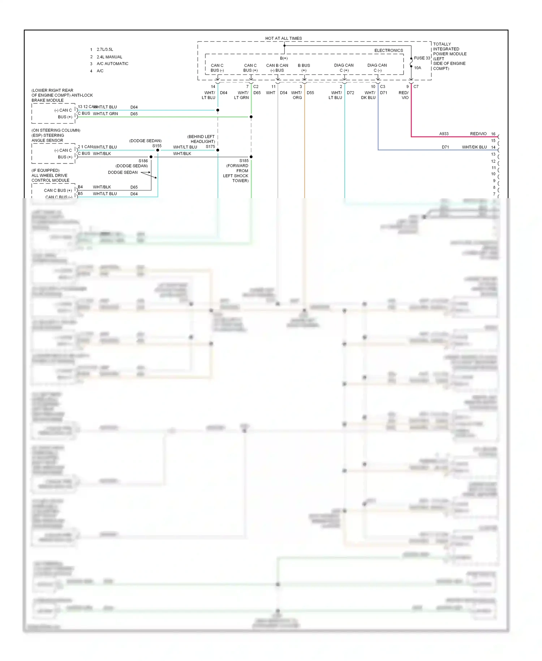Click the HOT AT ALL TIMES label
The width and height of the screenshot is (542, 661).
pyautogui.click(x=283, y=38)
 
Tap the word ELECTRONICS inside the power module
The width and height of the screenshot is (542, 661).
pyautogui.click(x=388, y=51)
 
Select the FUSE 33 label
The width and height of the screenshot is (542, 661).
pyautogui.click(x=422, y=58)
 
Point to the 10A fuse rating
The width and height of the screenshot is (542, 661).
pyautogui.click(x=417, y=68)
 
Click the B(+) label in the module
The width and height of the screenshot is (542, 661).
pyautogui.click(x=284, y=58)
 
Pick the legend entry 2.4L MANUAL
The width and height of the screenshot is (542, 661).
pyautogui.click(x=109, y=57)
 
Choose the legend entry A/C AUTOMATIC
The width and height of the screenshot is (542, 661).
pyautogui.click(x=112, y=64)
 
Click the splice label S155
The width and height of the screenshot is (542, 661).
pyautogui.click(x=157, y=146)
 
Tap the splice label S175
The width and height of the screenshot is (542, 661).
pyautogui.click(x=210, y=147)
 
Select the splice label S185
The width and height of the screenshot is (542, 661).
pyautogui.click(x=244, y=161)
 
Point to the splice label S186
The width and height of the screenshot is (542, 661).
pyautogui.click(x=143, y=161)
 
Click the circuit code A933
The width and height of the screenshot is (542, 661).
pyautogui.click(x=444, y=134)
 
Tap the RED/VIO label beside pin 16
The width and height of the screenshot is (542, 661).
pyautogui.click(x=478, y=134)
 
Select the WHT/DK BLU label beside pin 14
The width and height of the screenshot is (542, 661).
pyautogui.click(x=474, y=147)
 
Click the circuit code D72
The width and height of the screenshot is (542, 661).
pyautogui.click(x=350, y=93)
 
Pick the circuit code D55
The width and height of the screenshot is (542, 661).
pyautogui.click(x=310, y=93)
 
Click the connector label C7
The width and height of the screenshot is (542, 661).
pyautogui.click(x=416, y=87)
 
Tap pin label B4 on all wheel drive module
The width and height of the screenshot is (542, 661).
pyautogui.click(x=80, y=187)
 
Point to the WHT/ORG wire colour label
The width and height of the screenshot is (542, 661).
pyautogui.click(x=297, y=95)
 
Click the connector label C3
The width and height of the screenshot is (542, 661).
pyautogui.click(x=383, y=87)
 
